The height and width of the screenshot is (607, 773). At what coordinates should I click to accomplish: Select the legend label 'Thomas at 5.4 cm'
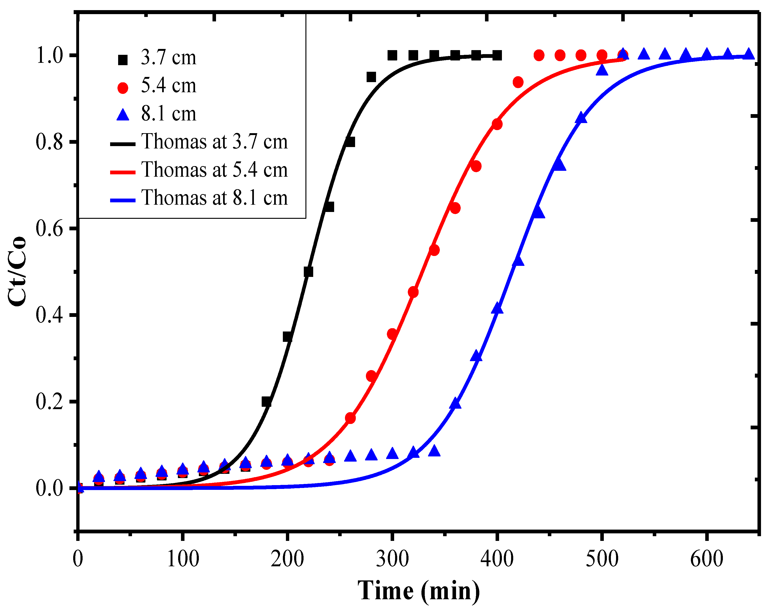pos(214,170)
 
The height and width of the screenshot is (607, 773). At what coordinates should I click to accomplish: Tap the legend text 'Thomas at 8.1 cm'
pos(214,198)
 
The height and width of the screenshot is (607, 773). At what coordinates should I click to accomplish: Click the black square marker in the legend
pos(123,60)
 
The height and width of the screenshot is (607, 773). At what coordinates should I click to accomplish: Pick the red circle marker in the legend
pos(123,88)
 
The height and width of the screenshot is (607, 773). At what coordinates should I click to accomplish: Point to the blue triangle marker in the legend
pos(123,115)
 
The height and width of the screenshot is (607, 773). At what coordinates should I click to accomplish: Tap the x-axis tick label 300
pos(392,559)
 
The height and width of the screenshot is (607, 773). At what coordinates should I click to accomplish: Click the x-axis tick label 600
pos(707,559)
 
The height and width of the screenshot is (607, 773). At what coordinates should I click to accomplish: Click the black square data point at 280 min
pos(371,77)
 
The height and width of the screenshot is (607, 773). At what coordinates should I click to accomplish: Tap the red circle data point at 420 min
pos(518,82)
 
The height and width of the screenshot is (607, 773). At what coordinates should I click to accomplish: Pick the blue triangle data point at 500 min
pos(602,70)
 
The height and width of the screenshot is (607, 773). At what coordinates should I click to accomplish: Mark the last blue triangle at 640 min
pos(749,54)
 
